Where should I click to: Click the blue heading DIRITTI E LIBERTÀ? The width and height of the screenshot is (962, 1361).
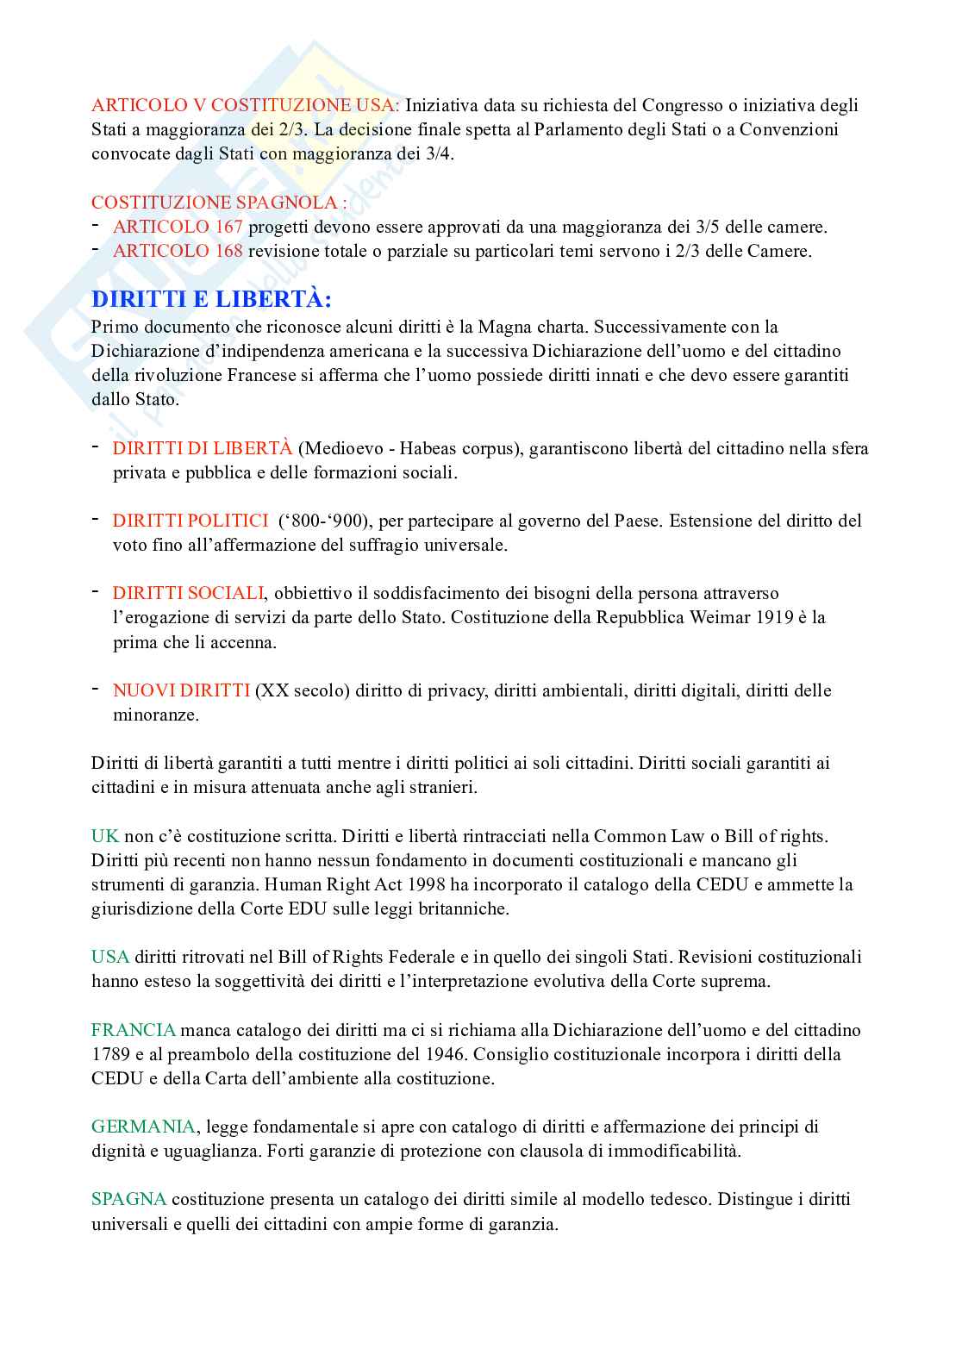pyautogui.click(x=211, y=300)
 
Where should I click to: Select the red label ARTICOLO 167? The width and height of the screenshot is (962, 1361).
pyautogui.click(x=178, y=228)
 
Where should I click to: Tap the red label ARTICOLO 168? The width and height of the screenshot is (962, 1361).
pyautogui.click(x=178, y=252)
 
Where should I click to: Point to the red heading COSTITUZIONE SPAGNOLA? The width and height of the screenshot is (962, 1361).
pyautogui.click(x=219, y=203)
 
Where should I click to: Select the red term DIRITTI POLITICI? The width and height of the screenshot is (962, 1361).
pyautogui.click(x=190, y=521)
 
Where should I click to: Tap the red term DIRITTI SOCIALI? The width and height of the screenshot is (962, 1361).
pyautogui.click(x=188, y=593)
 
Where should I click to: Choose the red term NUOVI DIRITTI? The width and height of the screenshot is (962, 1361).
pyautogui.click(x=181, y=690)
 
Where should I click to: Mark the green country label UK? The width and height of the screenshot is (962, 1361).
pyautogui.click(x=104, y=836)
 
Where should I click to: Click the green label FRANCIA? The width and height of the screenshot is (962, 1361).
pyautogui.click(x=134, y=1030)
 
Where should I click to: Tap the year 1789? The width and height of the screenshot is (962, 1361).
pyautogui.click(x=110, y=1054)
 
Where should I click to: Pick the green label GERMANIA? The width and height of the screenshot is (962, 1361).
pyautogui.click(x=143, y=1127)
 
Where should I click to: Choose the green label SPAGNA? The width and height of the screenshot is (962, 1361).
pyautogui.click(x=129, y=1199)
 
